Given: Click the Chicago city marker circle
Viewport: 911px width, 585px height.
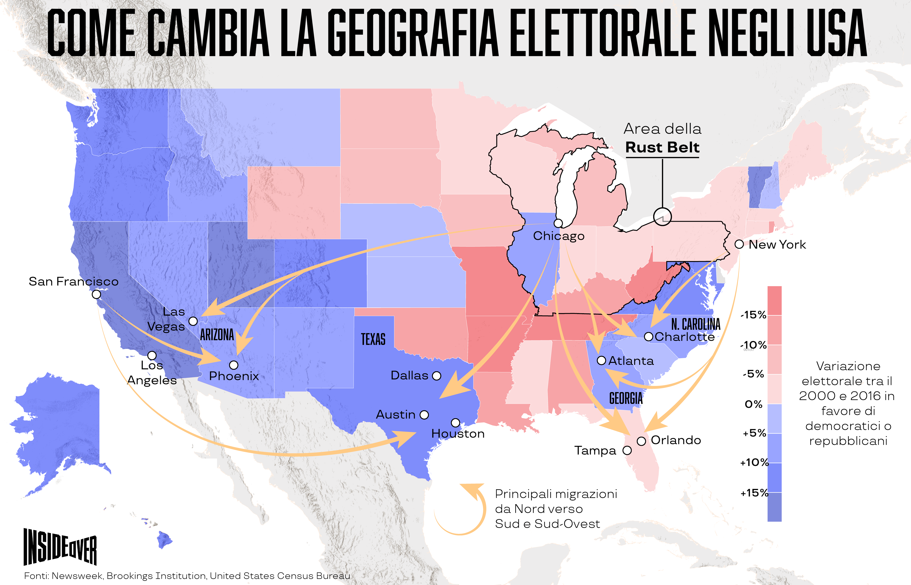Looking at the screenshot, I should click(558, 223).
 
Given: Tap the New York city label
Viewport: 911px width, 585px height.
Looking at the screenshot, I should click(777, 245).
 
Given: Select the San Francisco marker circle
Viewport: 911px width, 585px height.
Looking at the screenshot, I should click(96, 294).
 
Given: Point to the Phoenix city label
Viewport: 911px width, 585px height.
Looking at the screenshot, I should click(234, 376).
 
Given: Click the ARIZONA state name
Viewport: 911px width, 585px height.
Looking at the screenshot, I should click(217, 335).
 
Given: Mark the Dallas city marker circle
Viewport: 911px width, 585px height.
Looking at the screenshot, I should click(437, 376).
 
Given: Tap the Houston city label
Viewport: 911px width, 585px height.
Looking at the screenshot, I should click(458, 434).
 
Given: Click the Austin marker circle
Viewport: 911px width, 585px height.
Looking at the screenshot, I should click(424, 415).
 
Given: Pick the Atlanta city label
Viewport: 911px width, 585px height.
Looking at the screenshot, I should click(631, 361).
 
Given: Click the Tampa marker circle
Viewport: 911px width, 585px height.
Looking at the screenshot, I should click(627, 451).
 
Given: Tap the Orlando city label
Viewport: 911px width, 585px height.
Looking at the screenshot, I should click(676, 440).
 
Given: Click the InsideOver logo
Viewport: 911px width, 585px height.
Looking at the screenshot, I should click(60, 547).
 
